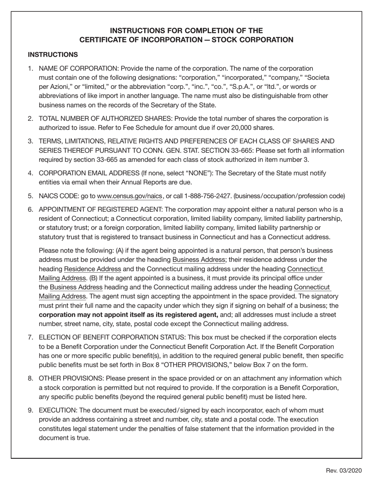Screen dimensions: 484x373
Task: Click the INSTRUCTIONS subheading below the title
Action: coord(53,55)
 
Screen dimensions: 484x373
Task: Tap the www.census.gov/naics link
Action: coord(130,196)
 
